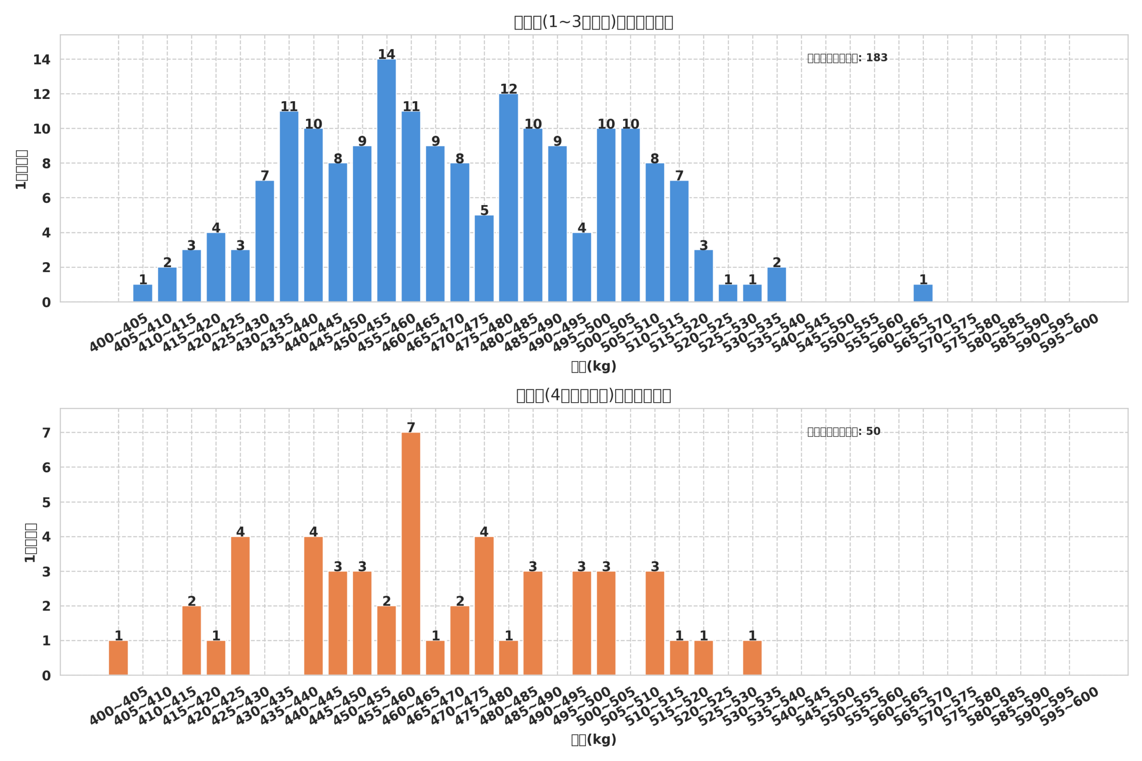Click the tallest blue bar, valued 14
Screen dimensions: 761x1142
pos(386,181)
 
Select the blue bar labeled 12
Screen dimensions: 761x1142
pos(509,198)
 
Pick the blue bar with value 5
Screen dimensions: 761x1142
pos(484,259)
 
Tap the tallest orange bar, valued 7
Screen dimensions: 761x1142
pos(411,554)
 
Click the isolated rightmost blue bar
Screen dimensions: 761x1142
pos(923,293)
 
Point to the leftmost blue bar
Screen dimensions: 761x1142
pos(143,293)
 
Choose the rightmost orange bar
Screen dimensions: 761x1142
pos(752,658)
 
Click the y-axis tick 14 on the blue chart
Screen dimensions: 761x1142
pos(42,60)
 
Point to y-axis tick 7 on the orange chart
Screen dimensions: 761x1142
pos(46,433)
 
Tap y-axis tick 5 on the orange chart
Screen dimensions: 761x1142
pos(46,502)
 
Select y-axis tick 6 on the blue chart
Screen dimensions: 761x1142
pos(46,198)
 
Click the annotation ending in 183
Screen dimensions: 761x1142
pos(847,58)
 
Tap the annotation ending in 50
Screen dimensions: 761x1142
pos(844,432)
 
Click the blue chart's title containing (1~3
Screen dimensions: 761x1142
pos(593,22)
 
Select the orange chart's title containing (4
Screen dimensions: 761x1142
pos(593,395)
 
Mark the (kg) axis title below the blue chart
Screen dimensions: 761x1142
pos(593,367)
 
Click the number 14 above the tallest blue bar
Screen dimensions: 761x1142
pos(386,54)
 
